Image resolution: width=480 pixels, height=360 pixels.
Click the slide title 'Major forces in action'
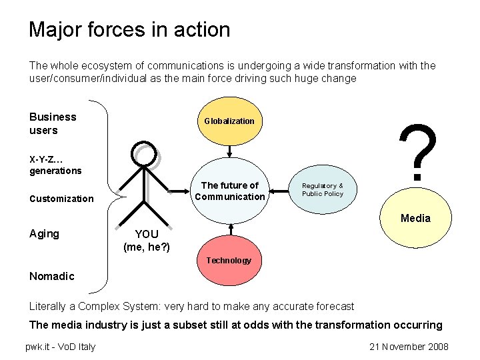[x=129, y=30]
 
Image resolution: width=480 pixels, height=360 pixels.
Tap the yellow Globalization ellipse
[x=229, y=121]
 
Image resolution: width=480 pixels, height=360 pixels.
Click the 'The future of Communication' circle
[x=229, y=191]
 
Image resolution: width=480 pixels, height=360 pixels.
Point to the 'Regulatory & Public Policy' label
[x=323, y=190]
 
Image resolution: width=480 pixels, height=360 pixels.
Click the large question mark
[x=417, y=153]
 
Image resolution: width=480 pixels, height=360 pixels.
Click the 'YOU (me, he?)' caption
[x=147, y=241]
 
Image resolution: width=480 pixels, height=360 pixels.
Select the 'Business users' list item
[x=53, y=123]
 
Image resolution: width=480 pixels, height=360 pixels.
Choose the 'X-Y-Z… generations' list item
[x=55, y=165]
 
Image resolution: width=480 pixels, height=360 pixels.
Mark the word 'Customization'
[x=61, y=199]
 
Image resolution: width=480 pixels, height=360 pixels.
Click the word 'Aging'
[x=44, y=233]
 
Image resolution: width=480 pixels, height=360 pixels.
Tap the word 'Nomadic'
[x=52, y=276]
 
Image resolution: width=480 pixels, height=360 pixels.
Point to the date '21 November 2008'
[x=408, y=347]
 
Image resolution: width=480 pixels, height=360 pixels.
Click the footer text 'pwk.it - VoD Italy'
[x=60, y=347]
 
